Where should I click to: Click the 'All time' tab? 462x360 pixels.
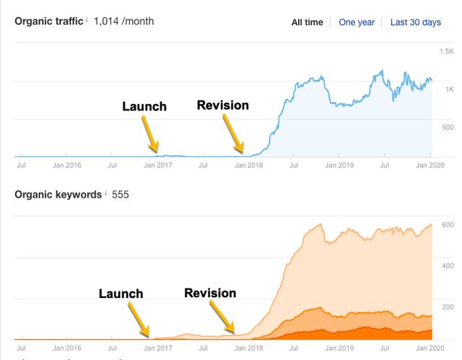click(x=307, y=22)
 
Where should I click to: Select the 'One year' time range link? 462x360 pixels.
click(x=357, y=22)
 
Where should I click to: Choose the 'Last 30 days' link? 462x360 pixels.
click(x=415, y=22)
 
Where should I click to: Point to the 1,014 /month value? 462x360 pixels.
click(x=123, y=22)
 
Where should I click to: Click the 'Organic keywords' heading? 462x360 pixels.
click(x=53, y=195)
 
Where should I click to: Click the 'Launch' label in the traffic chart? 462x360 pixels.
click(x=144, y=107)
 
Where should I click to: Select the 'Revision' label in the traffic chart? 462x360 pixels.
click(x=222, y=105)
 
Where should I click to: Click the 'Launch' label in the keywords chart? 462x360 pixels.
click(x=121, y=294)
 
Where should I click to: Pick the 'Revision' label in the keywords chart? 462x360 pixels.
click(x=210, y=293)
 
